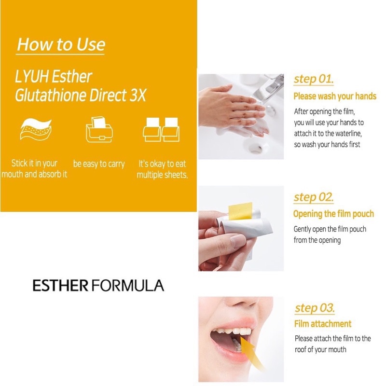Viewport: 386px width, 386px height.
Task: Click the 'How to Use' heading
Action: [x=61, y=45]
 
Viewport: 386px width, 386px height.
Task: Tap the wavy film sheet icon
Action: [x=35, y=129]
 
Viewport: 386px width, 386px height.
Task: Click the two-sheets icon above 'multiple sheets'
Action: [x=162, y=129]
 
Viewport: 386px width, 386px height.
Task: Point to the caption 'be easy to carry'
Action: [x=99, y=164]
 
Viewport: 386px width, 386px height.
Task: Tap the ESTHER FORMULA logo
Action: [x=98, y=285]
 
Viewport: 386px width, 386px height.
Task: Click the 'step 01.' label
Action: [x=314, y=79]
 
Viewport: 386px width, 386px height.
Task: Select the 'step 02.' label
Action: [x=314, y=197]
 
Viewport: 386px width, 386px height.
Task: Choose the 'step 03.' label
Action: [x=315, y=308]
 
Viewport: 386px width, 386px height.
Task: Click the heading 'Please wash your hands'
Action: [x=334, y=96]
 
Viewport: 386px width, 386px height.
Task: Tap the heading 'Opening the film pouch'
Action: [x=333, y=214]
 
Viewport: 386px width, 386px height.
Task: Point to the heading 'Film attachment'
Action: [x=323, y=324]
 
